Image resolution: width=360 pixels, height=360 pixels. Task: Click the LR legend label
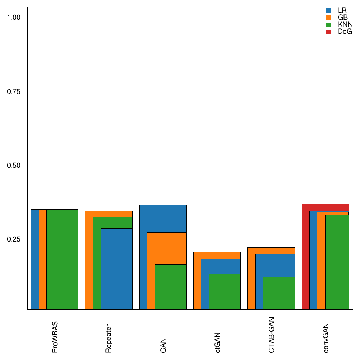(x=342, y=11)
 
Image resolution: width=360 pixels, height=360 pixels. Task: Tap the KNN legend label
(x=345, y=25)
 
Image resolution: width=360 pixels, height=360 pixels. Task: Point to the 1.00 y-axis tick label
(x=14, y=17)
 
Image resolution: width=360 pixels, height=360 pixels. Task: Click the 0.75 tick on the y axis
(x=14, y=91)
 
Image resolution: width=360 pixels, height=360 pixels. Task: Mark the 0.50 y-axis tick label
(x=14, y=165)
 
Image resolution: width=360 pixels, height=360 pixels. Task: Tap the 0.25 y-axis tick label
(x=14, y=239)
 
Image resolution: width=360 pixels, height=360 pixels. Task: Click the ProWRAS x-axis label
(x=55, y=337)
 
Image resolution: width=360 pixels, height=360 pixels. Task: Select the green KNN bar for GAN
(x=171, y=287)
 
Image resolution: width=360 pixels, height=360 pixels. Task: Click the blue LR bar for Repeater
(x=116, y=269)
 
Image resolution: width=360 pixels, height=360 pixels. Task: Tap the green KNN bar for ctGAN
(x=225, y=291)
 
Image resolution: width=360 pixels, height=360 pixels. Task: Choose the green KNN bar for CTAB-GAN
(x=279, y=293)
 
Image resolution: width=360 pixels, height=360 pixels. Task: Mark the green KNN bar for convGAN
(x=337, y=262)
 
